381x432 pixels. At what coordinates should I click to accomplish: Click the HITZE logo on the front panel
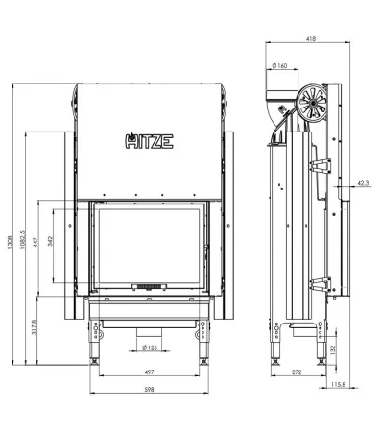(149, 141)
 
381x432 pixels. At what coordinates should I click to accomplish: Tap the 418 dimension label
(311, 39)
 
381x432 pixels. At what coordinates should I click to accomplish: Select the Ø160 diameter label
(279, 66)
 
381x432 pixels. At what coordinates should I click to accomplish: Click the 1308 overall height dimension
(10, 241)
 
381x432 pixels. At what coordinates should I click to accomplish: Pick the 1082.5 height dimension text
(22, 240)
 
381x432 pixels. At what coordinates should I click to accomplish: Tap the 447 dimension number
(36, 242)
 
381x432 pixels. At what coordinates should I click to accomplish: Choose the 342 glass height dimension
(50, 241)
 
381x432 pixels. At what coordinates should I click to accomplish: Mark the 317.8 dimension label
(35, 327)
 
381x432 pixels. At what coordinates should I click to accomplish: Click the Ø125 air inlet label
(150, 348)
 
